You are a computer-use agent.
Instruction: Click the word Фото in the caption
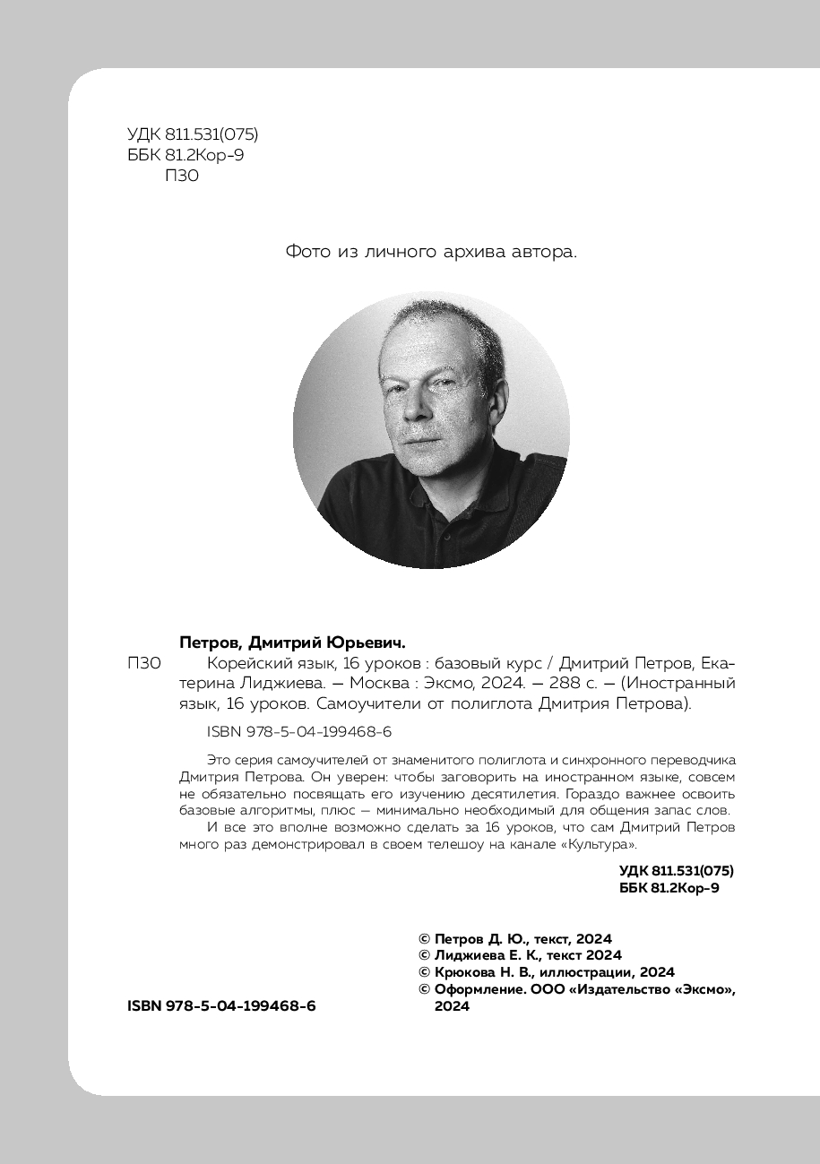coord(308,252)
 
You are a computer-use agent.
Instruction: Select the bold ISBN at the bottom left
coord(221,1006)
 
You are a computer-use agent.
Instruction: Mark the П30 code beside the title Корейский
coord(144,664)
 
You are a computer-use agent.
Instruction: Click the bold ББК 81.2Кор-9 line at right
coord(669,887)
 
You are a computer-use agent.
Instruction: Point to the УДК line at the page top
coord(193,135)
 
